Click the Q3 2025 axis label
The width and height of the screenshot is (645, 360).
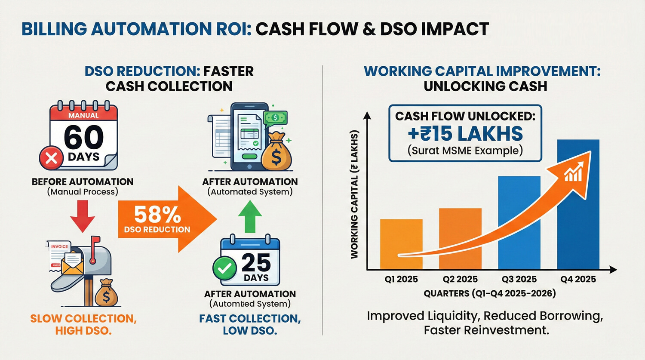[519, 279]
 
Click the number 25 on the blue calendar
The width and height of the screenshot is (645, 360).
[256, 262]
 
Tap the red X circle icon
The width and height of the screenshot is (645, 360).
[51, 158]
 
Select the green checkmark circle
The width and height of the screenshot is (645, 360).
[224, 268]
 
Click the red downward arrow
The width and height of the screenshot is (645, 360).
[82, 217]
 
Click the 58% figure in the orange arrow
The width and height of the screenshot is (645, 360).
[157, 214]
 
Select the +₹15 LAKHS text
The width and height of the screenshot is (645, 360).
[465, 134]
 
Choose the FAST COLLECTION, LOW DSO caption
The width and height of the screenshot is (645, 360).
[250, 324]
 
